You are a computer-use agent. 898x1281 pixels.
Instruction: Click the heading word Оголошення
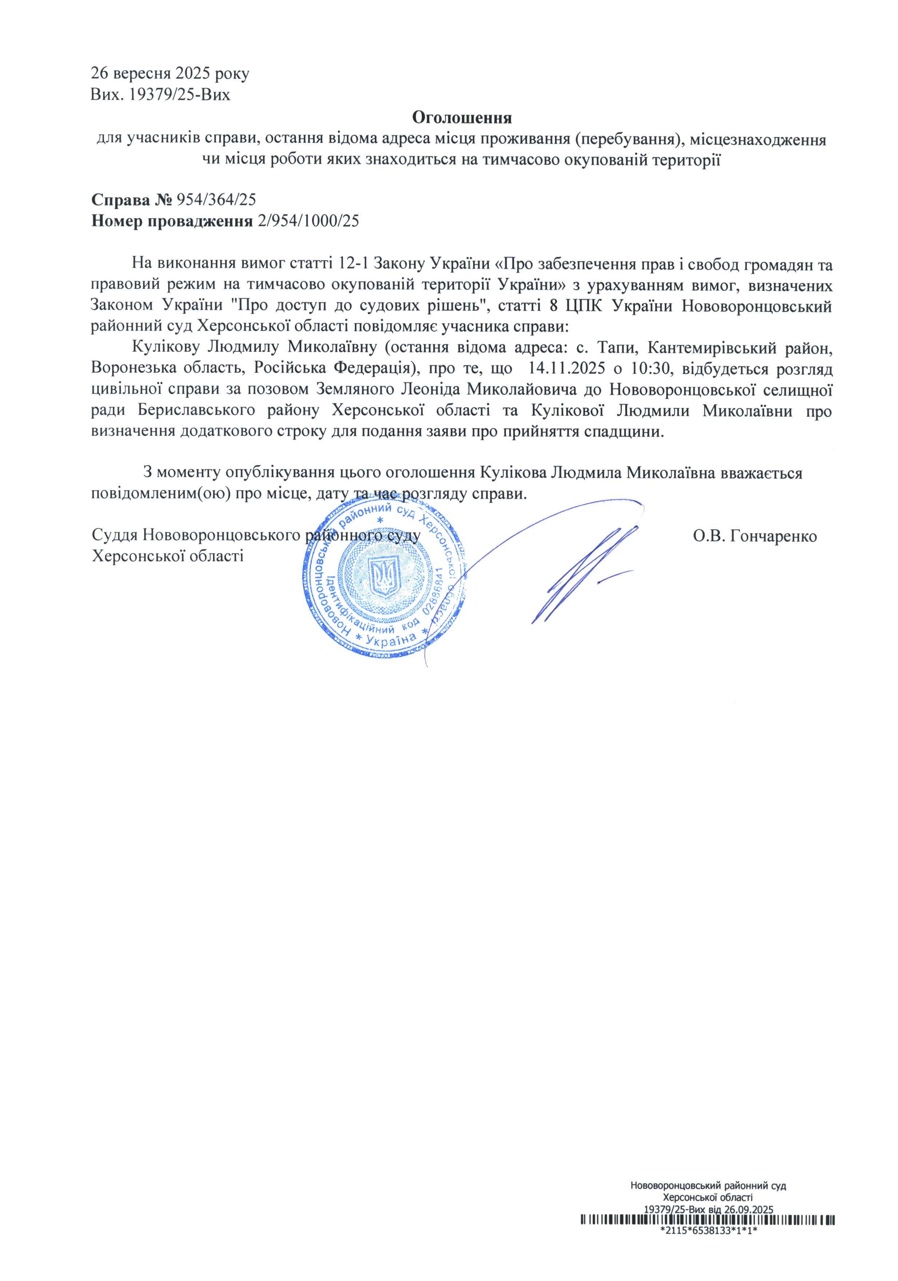pyautogui.click(x=462, y=118)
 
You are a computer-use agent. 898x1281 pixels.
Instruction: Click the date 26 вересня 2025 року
pyautogui.click(x=170, y=73)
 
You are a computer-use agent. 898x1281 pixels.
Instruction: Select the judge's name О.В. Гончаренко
pyautogui.click(x=755, y=536)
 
